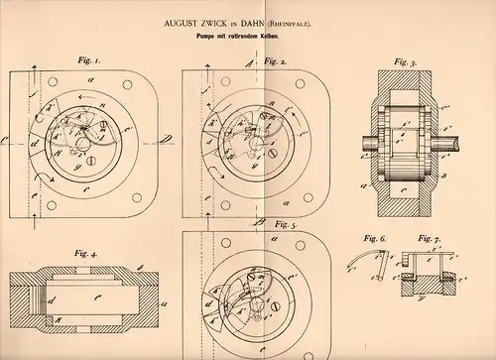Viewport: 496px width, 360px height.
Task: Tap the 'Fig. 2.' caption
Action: (x=276, y=61)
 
